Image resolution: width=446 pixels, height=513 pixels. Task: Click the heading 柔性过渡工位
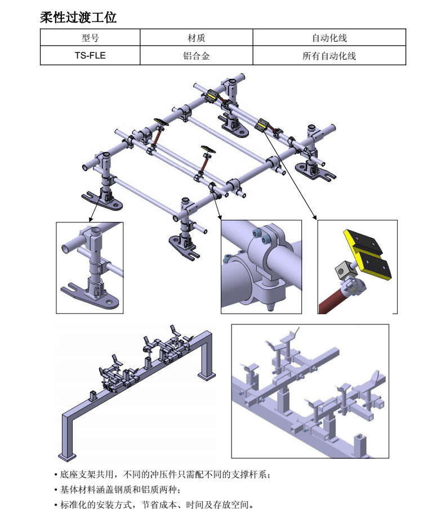click(x=78, y=17)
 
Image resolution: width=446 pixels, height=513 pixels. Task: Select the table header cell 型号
click(x=90, y=38)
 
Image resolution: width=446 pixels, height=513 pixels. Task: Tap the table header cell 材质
click(x=196, y=38)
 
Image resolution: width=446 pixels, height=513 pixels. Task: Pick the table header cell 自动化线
click(x=329, y=38)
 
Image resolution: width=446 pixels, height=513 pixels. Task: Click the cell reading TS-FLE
click(x=90, y=56)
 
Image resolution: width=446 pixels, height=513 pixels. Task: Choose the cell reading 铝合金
click(x=196, y=56)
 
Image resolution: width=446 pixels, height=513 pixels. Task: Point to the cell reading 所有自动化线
click(x=329, y=56)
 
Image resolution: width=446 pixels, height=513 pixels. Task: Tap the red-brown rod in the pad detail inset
click(x=332, y=299)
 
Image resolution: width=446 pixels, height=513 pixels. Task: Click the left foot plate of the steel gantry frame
click(x=66, y=455)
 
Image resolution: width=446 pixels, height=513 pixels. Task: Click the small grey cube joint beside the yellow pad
click(x=341, y=270)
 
